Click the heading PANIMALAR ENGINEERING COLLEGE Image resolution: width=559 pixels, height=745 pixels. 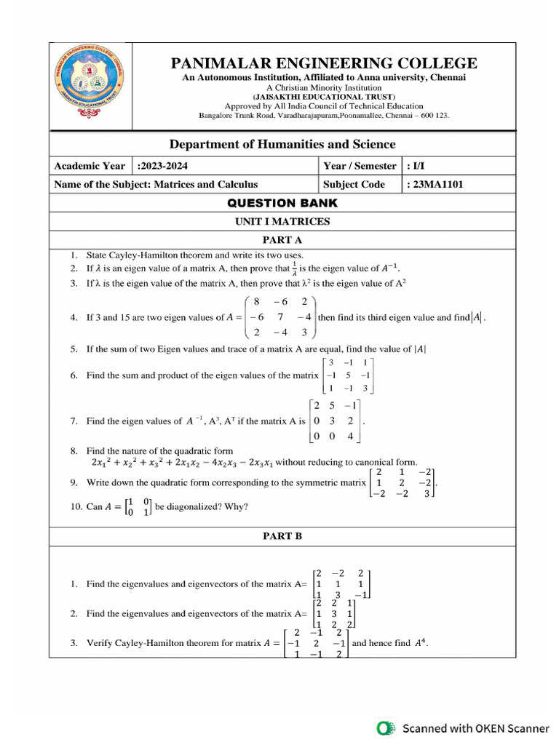[x=324, y=63]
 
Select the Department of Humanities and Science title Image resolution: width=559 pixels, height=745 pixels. [x=282, y=144]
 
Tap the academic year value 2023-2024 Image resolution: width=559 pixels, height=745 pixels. [x=167, y=166]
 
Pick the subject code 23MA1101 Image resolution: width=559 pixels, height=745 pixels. [x=435, y=185]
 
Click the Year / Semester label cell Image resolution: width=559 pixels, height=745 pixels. [x=360, y=166]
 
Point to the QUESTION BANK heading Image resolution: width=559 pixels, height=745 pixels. [x=282, y=203]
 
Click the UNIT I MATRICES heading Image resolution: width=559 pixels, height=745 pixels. [x=282, y=222]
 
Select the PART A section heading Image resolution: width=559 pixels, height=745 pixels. [x=282, y=239]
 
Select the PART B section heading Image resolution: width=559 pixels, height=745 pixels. [x=282, y=536]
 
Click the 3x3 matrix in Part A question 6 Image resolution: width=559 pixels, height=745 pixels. [x=349, y=375]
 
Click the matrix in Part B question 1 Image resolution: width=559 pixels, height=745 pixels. [x=339, y=584]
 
